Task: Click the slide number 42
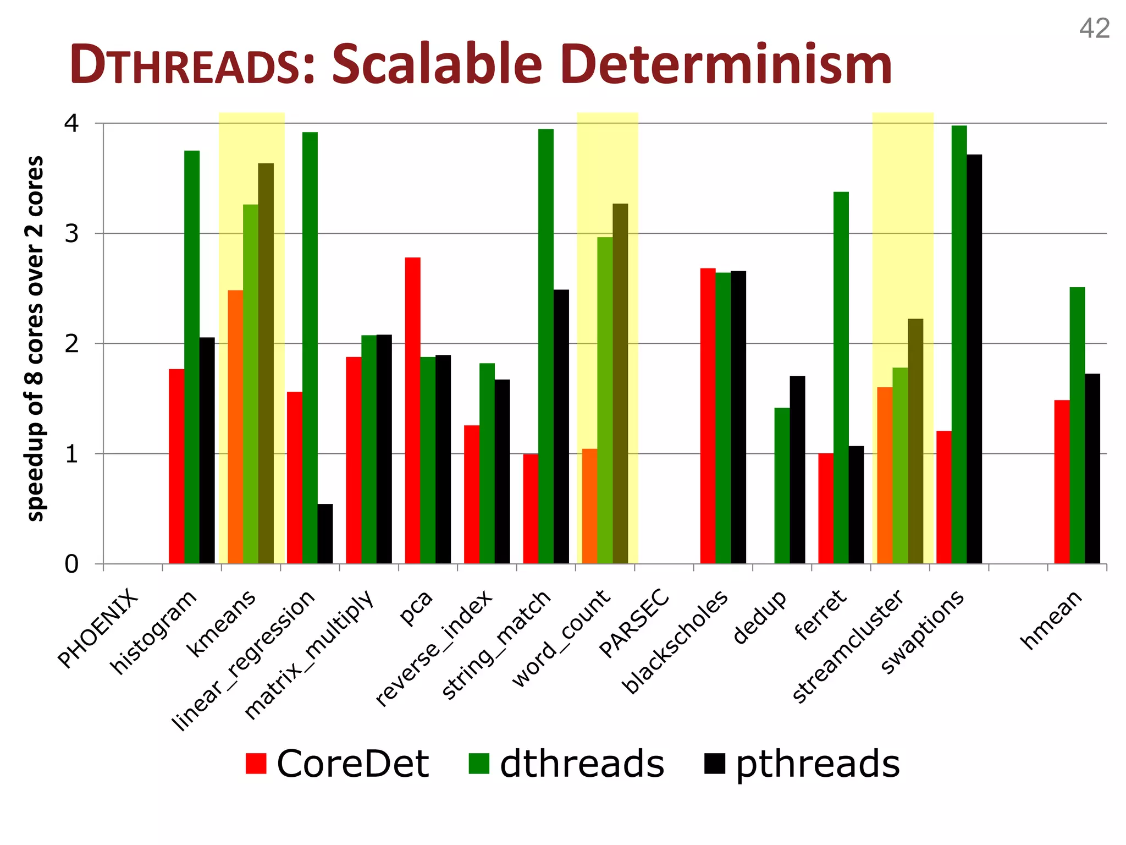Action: click(1094, 29)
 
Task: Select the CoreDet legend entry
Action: click(338, 764)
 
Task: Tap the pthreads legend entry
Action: click(802, 764)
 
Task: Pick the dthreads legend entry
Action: click(567, 764)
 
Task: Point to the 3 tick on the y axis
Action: click(71, 234)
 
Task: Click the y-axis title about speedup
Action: click(35, 338)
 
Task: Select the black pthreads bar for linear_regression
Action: click(325, 534)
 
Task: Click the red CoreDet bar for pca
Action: click(413, 410)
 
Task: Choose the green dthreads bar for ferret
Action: click(841, 378)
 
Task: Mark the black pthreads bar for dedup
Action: click(797, 470)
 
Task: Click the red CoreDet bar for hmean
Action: click(1062, 482)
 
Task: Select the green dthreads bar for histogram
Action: click(192, 357)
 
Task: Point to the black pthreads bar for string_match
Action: click(561, 426)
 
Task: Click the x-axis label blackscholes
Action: click(675, 643)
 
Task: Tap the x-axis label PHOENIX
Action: click(98, 628)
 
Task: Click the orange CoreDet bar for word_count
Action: click(589, 506)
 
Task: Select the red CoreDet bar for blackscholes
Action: click(708, 416)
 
